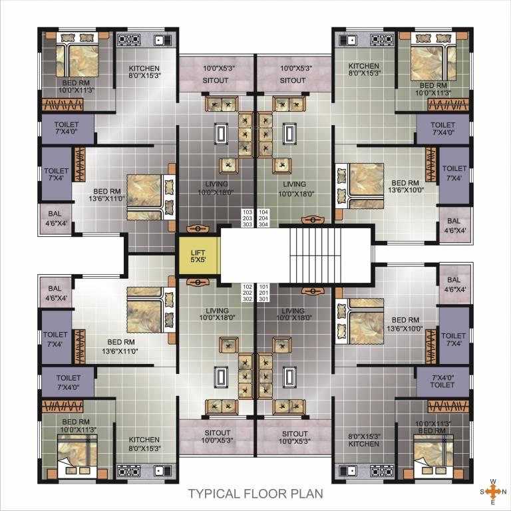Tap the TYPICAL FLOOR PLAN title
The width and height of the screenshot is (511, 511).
click(x=255, y=494)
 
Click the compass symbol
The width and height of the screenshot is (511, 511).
click(x=492, y=492)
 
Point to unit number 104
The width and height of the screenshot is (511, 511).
click(x=263, y=212)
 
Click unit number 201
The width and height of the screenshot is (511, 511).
click(x=263, y=293)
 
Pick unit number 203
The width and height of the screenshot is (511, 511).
click(x=247, y=218)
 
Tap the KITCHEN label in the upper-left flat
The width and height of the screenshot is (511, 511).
click(x=144, y=72)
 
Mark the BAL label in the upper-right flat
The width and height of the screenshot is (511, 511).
click(x=454, y=226)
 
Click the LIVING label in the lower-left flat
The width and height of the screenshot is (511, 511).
click(x=217, y=315)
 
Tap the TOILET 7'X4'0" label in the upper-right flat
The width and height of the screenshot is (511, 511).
click(x=442, y=128)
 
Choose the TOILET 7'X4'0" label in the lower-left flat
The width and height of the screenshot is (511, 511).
click(x=68, y=383)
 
